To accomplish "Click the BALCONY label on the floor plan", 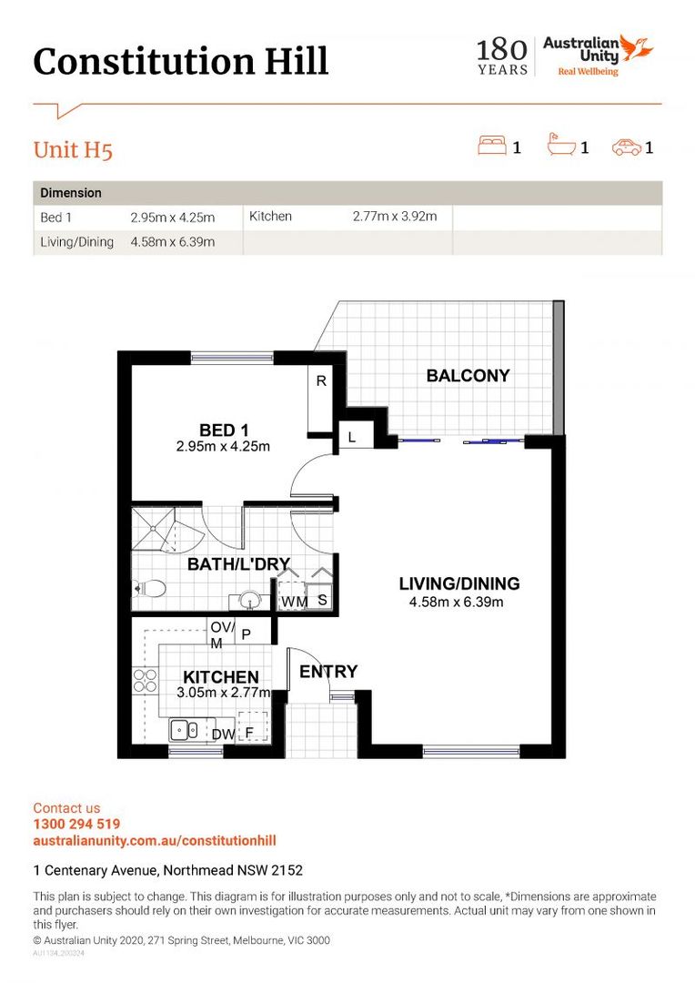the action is (468, 376).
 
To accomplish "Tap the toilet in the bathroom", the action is (149, 589).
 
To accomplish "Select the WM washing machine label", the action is (293, 602).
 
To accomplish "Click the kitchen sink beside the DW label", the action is (185, 730).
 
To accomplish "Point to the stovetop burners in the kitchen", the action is (145, 681).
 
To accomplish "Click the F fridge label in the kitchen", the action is (248, 732).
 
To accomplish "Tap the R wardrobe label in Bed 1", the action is (321, 380).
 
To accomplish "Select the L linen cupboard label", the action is (351, 437).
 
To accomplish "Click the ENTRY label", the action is (328, 672).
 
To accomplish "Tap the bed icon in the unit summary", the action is (492, 145).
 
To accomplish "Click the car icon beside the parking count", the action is (627, 147).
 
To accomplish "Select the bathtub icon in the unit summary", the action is (561, 145).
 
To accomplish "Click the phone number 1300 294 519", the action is (76, 824).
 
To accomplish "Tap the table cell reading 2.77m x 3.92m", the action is (395, 217).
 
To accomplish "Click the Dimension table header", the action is (71, 193).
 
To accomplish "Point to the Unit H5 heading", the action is (73, 150).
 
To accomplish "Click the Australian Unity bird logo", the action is (637, 48).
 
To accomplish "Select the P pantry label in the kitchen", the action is (247, 634).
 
